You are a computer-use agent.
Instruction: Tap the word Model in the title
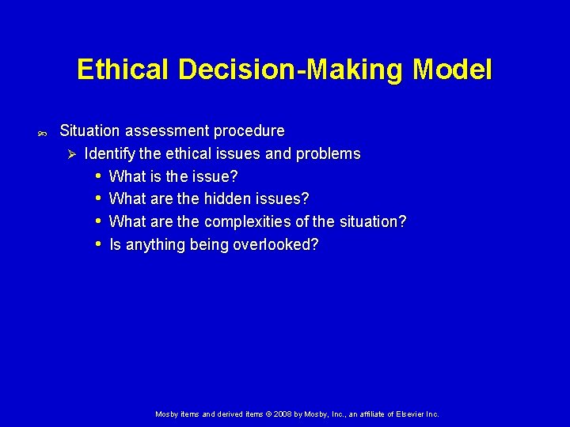click(x=452, y=70)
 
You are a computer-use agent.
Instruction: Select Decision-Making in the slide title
click(x=292, y=70)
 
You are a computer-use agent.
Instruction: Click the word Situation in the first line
click(x=89, y=130)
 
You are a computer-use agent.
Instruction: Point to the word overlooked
click(x=276, y=244)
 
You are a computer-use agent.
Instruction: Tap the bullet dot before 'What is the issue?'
click(x=97, y=176)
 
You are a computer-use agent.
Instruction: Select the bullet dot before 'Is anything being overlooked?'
click(x=97, y=244)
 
